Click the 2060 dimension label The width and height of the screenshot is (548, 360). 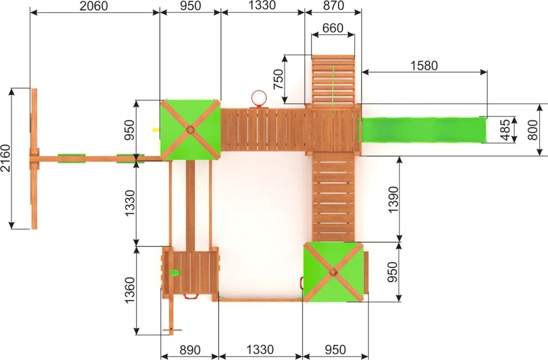tap(94, 6)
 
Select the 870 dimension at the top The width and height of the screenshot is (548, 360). tap(333, 6)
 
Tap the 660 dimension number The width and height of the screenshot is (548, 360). tap(333, 28)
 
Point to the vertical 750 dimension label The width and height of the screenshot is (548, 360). tap(279, 79)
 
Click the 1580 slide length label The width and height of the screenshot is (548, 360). tap(424, 65)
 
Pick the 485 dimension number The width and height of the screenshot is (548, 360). tap(505, 130)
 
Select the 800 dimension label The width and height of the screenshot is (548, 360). tap(533, 130)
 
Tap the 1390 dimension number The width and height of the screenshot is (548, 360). tap(393, 199)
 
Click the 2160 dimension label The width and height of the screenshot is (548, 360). tap(6, 158)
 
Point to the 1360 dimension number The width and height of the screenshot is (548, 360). tap(129, 290)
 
